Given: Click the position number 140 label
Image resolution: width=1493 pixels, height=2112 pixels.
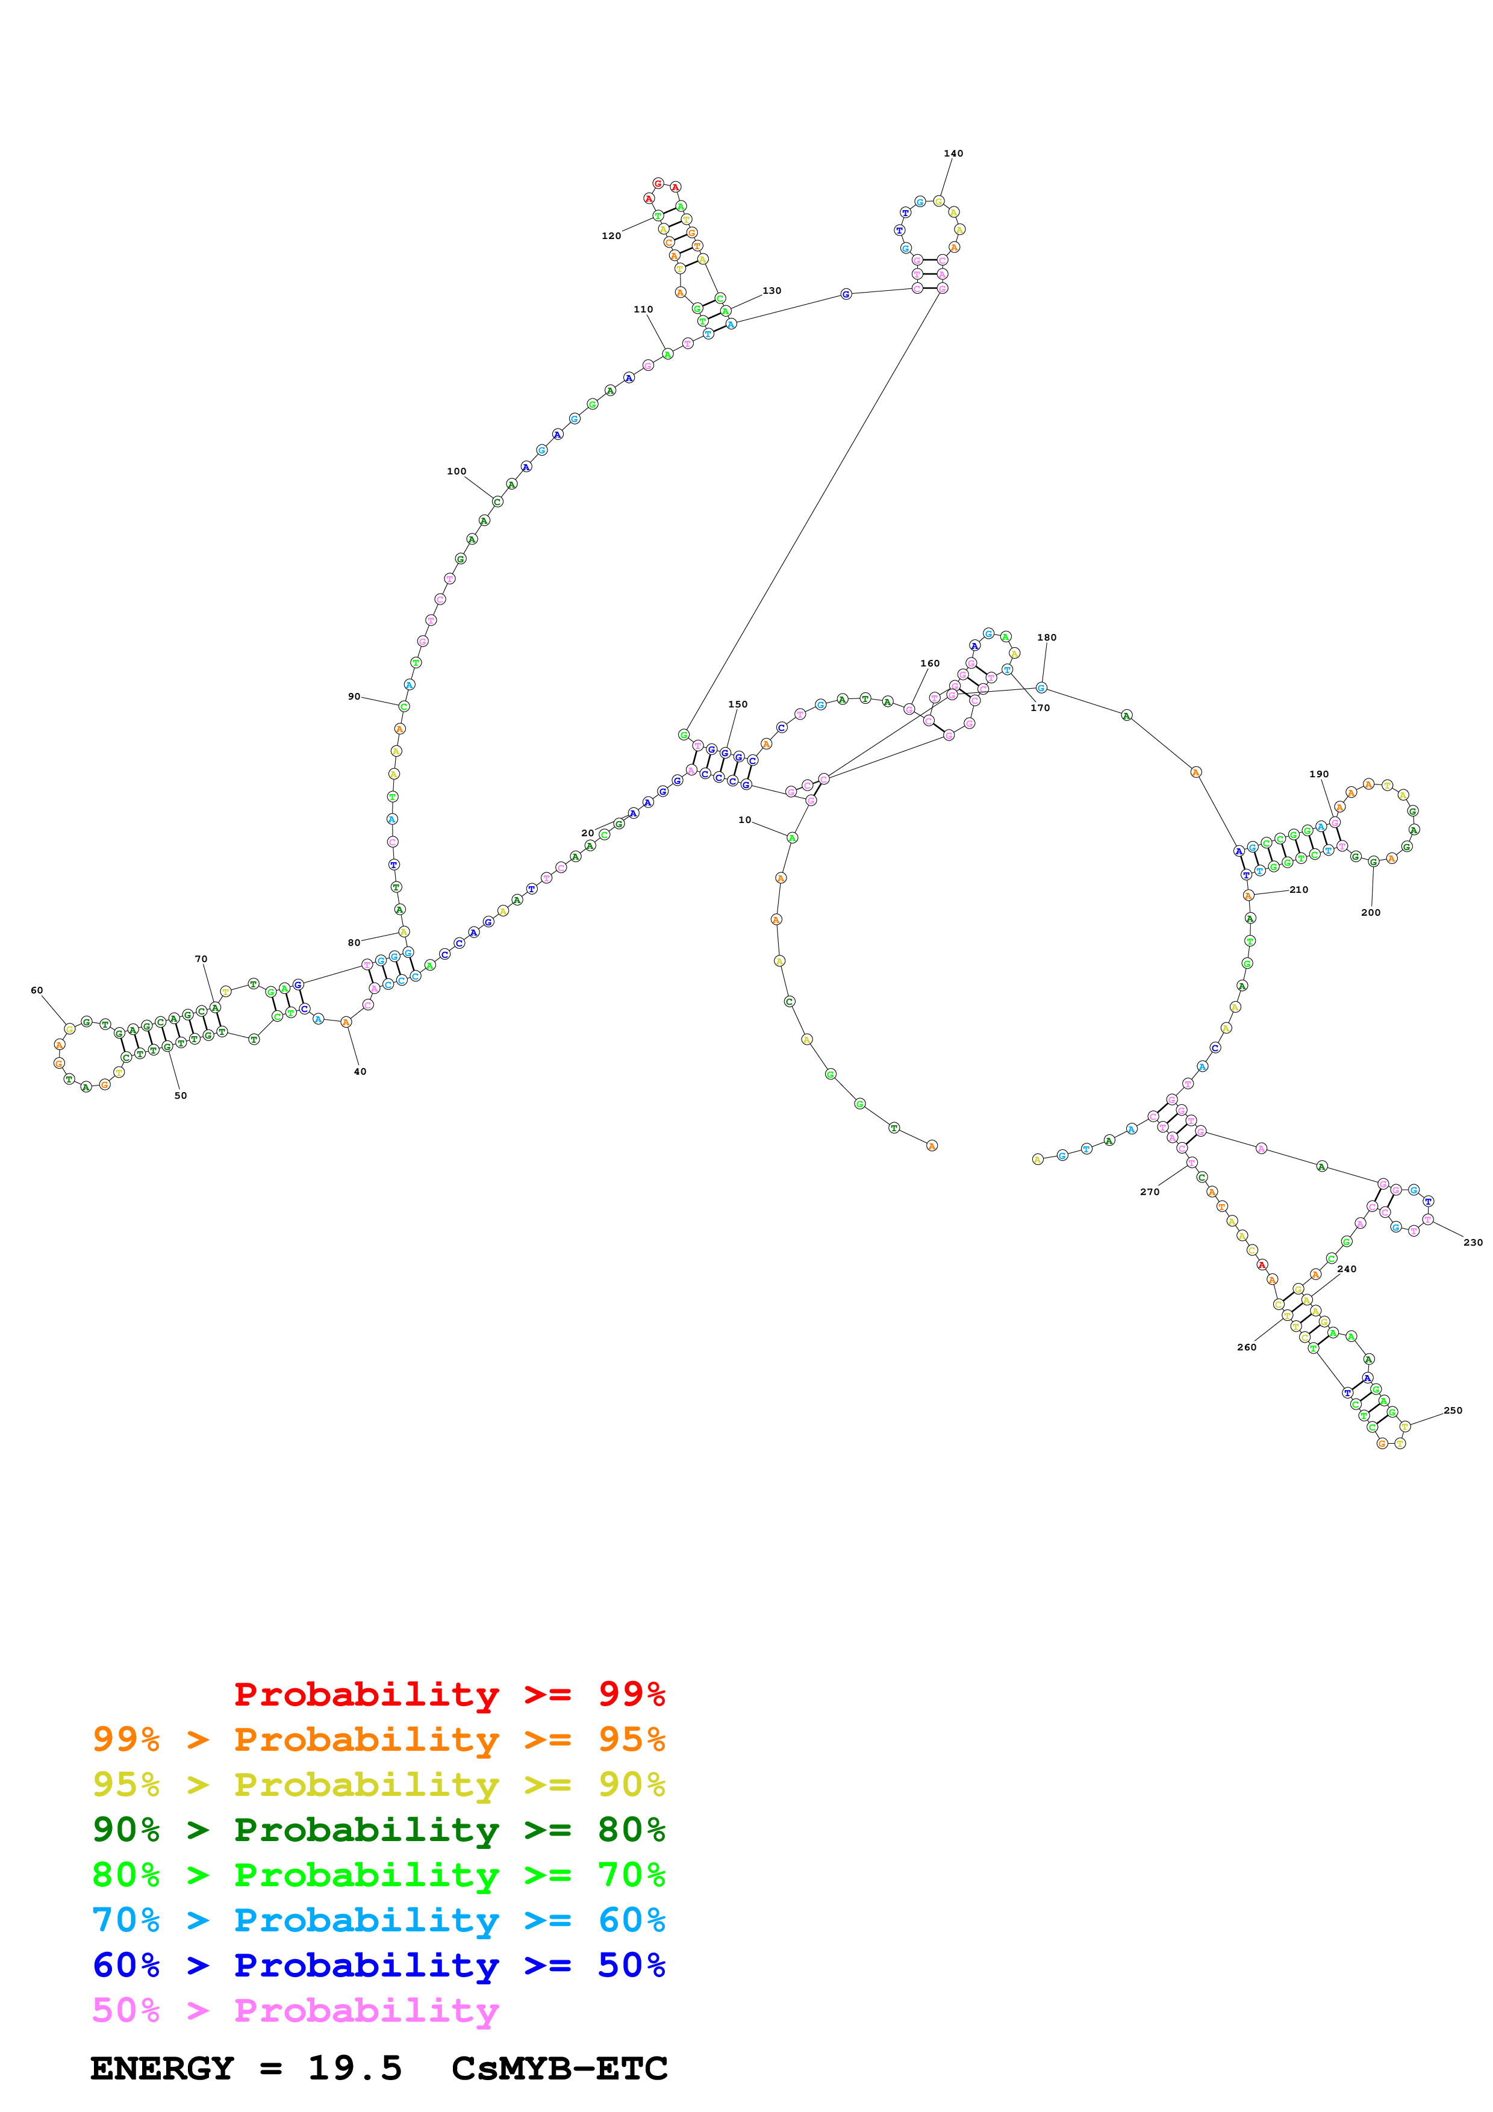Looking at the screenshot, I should click(953, 154).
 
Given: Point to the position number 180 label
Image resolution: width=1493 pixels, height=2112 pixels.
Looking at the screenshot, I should click(1047, 638).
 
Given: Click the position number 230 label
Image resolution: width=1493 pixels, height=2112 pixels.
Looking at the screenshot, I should click(1473, 1243).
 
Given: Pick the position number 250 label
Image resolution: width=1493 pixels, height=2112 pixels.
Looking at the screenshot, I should click(1453, 1410).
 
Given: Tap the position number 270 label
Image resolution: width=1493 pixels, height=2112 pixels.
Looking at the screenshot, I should click(1150, 1192).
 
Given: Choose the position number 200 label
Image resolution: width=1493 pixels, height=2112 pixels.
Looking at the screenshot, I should click(1371, 913).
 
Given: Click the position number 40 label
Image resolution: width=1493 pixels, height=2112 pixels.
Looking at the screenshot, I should click(360, 1072).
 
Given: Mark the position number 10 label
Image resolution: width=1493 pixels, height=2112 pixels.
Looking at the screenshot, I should click(744, 819).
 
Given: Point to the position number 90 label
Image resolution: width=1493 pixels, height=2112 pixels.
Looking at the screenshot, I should click(354, 697).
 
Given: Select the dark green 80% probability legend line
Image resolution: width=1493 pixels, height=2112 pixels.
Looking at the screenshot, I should click(378, 1830).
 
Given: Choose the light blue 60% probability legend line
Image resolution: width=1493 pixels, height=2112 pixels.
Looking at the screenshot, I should click(378, 1920).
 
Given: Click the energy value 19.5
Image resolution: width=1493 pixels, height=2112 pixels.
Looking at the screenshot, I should click(355, 2069).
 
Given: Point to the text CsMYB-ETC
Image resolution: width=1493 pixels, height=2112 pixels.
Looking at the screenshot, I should click(559, 2069).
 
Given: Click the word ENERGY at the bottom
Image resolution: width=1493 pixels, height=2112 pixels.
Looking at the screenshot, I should click(162, 2069).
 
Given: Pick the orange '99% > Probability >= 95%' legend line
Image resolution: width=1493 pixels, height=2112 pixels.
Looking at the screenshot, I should click(378, 1739).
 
